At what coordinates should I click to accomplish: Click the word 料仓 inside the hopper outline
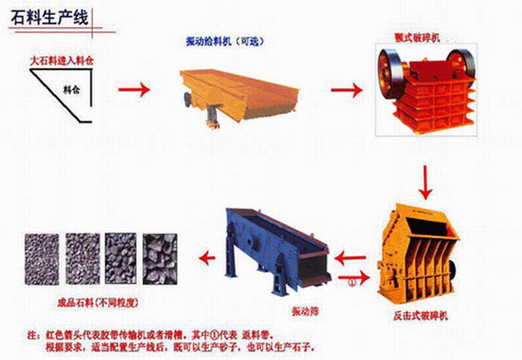coord(72,91)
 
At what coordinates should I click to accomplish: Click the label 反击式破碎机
coord(421,317)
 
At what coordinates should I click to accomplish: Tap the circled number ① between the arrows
coord(351,282)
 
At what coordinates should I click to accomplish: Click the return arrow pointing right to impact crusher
coord(359,275)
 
